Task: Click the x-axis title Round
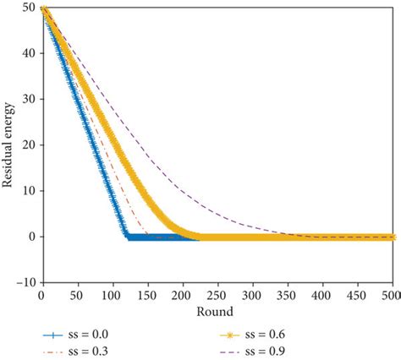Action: tap(217, 311)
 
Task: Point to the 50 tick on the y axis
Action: tap(29, 9)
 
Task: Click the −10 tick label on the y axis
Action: tap(25, 283)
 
